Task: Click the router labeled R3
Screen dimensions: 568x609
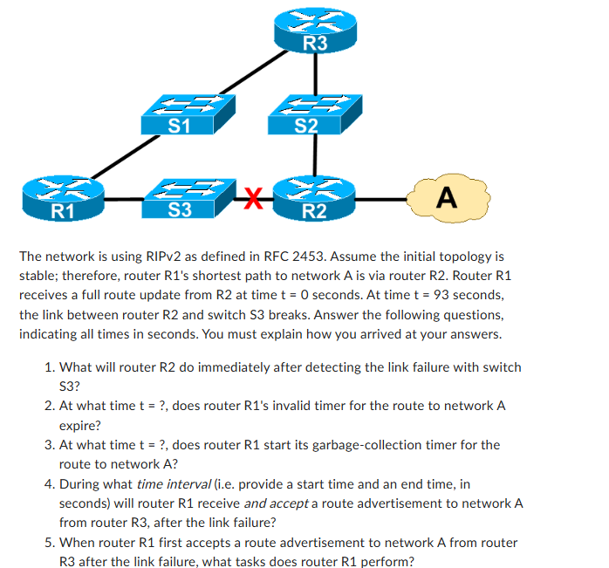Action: [315, 31]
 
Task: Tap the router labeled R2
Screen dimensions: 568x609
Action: [314, 198]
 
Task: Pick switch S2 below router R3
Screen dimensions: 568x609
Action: [306, 113]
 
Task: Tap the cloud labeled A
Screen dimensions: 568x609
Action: [446, 198]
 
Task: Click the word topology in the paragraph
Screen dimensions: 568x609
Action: [465, 257]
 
